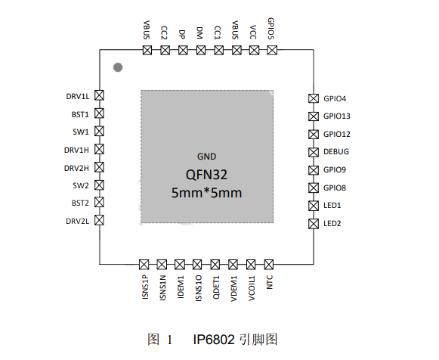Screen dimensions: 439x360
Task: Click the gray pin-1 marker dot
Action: [x=118, y=67]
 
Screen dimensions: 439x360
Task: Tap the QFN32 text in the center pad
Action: [x=206, y=175]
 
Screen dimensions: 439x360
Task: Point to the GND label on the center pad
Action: [x=206, y=157]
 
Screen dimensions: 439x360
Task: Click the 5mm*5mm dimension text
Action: [x=206, y=193]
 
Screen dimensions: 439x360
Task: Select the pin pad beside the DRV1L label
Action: [x=99, y=95]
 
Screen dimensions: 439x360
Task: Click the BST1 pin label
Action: [x=80, y=114]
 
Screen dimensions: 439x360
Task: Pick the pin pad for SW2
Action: [x=99, y=185]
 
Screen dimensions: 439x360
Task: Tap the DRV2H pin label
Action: [x=76, y=168]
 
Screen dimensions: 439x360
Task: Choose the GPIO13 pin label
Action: [x=337, y=116]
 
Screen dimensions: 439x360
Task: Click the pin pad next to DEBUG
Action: [x=314, y=152]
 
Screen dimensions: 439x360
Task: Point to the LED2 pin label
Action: [x=332, y=224]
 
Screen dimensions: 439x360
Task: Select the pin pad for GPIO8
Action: [x=314, y=188]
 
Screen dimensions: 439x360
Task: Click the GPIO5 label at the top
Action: [x=271, y=29]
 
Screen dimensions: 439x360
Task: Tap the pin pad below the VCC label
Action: [x=254, y=51]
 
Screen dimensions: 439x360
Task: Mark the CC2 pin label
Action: [x=164, y=33]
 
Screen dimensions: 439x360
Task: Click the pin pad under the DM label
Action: [x=201, y=51]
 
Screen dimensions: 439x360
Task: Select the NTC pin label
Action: [x=269, y=282]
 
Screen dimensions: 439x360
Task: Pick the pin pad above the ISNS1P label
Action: [x=144, y=264]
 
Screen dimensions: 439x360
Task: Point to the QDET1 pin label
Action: [x=216, y=287]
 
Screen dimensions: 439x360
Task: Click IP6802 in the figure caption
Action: [x=214, y=340]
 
